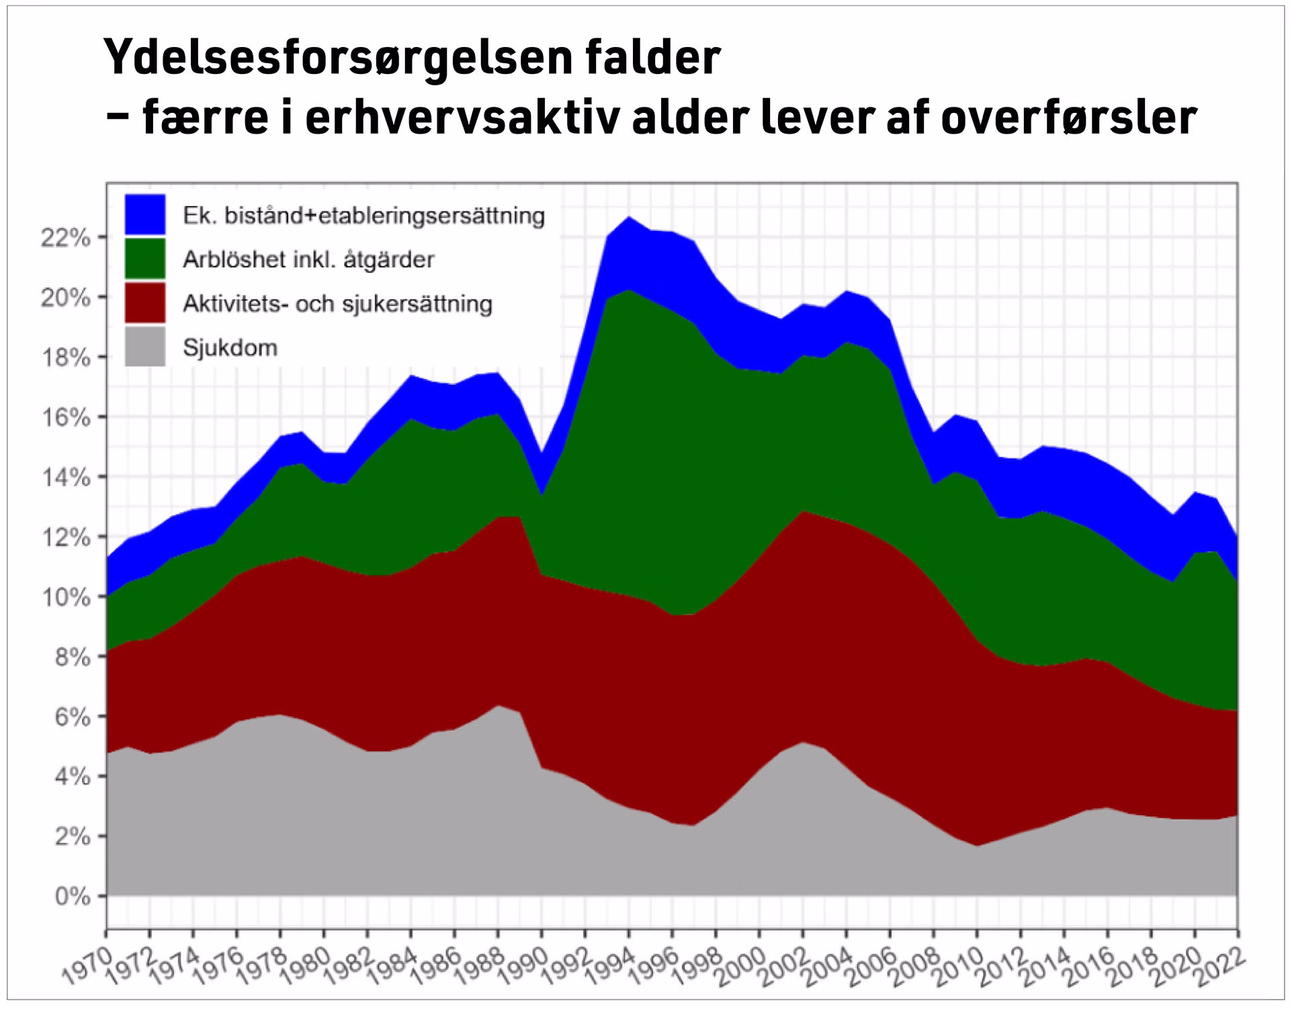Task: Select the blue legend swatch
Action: pos(144,214)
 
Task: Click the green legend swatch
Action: pos(144,259)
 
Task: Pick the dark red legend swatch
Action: pos(144,303)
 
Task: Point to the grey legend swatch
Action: pos(144,347)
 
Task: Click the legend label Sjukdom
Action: pos(230,348)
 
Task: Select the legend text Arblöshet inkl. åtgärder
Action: pos(308,259)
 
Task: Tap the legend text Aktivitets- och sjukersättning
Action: pos(337,304)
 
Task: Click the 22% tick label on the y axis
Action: pos(65,238)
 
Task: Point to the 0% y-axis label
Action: pos(72,896)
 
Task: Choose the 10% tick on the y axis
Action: pos(65,597)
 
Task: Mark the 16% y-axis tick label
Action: pos(65,417)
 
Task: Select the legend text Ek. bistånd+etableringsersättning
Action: pos(363,216)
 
